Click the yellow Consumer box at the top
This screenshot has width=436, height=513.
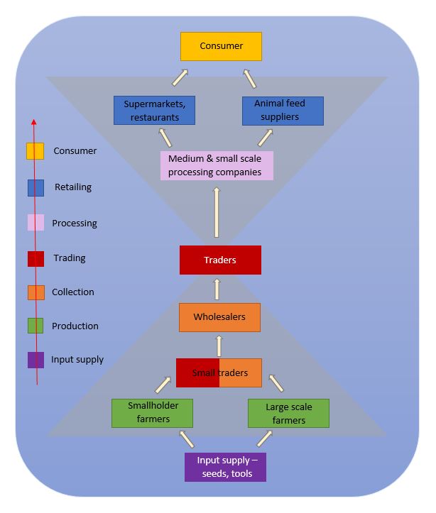click(x=221, y=46)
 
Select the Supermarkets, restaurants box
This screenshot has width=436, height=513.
click(x=155, y=110)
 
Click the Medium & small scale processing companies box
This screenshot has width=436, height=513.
click(x=217, y=165)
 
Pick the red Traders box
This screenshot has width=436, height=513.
click(x=220, y=260)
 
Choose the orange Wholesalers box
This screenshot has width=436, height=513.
click(x=219, y=317)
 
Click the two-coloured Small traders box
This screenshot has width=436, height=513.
click(x=219, y=373)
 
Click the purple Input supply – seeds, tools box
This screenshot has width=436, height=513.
click(x=225, y=467)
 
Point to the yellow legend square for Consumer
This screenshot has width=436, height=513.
click(x=36, y=152)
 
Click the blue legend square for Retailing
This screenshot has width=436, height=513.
click(x=36, y=188)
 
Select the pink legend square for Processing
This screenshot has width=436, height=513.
click(x=36, y=224)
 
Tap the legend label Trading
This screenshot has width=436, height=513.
click(x=70, y=258)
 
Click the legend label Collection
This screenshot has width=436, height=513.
click(x=73, y=292)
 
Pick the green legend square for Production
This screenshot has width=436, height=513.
click(x=36, y=326)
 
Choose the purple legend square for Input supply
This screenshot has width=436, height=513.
click(x=36, y=360)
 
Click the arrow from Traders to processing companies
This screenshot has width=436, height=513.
click(x=217, y=212)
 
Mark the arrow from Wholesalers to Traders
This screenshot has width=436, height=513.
click(x=217, y=289)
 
